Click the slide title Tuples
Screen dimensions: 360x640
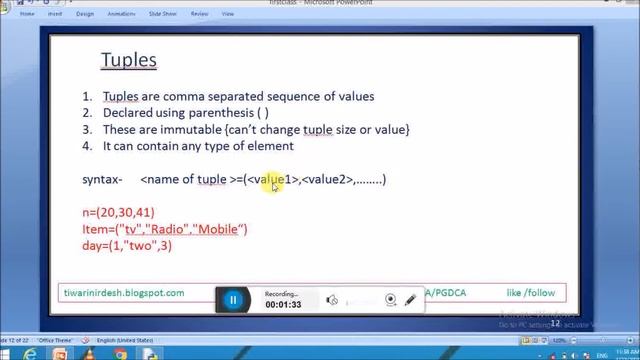coord(128,60)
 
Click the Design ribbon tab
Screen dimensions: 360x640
coord(85,14)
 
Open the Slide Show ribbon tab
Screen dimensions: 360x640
coord(163,14)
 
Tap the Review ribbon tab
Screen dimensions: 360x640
coord(201,14)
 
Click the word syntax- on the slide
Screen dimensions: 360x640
coord(102,179)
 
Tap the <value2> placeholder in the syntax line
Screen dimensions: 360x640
coord(328,179)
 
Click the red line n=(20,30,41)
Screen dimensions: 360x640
coord(118,213)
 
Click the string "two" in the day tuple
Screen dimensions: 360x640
coord(141,245)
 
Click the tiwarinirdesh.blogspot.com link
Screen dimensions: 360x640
coord(123,293)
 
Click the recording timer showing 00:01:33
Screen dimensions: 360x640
coord(283,305)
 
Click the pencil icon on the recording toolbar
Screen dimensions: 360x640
coord(410,300)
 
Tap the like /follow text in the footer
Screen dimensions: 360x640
coord(530,293)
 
